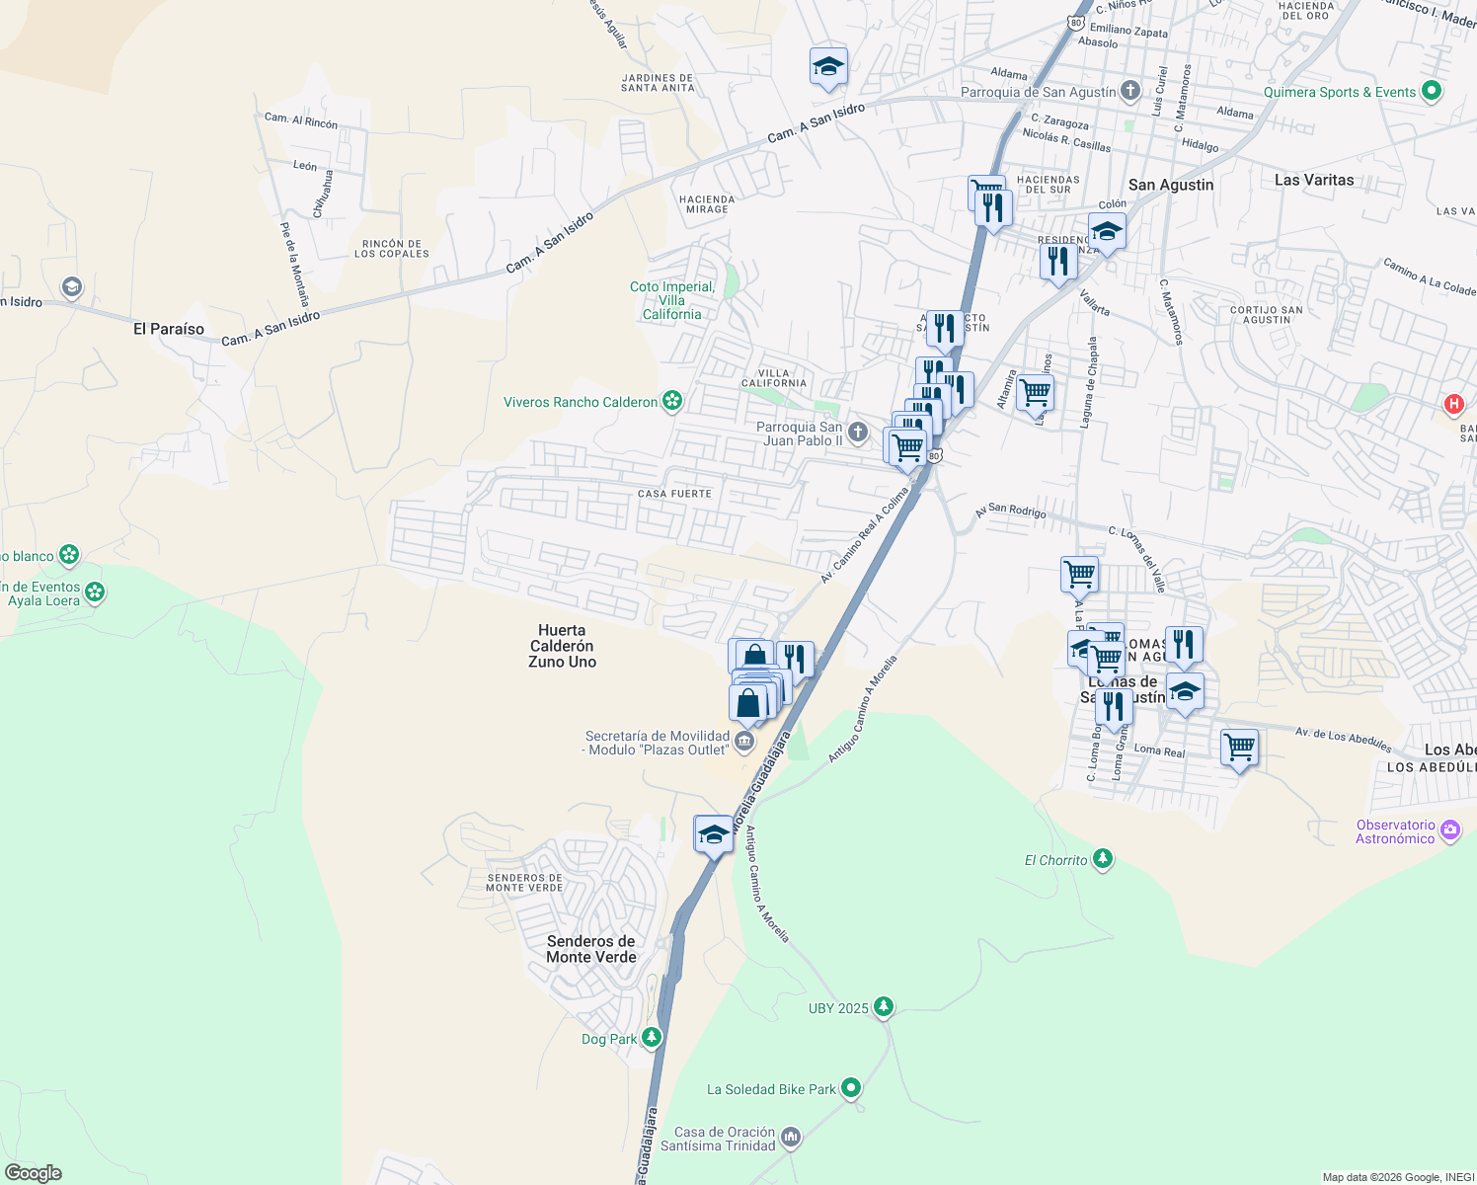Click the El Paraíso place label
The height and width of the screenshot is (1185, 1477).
[169, 329]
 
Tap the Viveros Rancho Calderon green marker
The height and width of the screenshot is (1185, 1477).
[672, 401]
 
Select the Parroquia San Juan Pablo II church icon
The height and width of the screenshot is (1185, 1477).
[858, 432]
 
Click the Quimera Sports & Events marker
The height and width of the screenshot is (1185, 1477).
[1432, 91]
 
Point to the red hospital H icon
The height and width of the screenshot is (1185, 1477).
[1453, 403]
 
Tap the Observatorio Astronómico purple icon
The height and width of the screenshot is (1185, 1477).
[1450, 830]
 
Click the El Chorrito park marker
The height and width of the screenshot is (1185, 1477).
[1103, 859]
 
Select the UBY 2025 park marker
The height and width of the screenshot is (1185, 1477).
[884, 1007]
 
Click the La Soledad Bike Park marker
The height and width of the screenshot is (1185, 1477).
[851, 1088]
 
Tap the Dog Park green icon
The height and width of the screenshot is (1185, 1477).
[651, 1037]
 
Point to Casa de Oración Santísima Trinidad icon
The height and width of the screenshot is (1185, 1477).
[791, 1138]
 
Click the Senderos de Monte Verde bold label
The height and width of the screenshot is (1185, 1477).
[591, 949]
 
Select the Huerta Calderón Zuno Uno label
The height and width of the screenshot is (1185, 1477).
[562, 646]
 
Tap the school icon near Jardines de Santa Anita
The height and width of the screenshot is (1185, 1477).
[827, 67]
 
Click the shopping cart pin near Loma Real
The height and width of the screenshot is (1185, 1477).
[1239, 748]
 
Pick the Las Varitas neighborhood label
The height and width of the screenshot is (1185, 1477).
[1313, 180]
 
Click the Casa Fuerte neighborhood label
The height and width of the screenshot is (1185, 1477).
[674, 494]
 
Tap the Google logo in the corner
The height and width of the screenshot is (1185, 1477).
[34, 1172]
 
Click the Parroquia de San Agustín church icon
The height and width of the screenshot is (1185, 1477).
[1130, 91]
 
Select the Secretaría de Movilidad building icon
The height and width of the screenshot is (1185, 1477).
[745, 742]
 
